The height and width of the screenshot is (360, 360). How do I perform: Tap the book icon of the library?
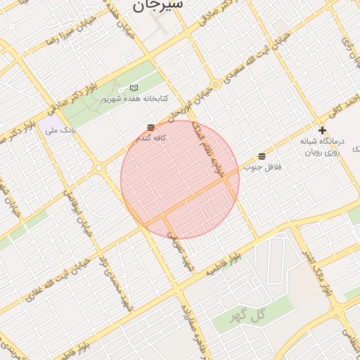134,88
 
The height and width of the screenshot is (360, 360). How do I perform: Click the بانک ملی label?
59,130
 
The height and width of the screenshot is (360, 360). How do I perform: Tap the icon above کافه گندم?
150,127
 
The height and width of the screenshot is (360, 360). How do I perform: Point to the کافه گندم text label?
150,139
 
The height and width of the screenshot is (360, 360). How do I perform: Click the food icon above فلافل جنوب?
262,156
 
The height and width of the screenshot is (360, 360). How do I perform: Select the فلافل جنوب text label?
262,167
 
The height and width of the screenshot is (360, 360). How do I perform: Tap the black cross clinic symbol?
322,130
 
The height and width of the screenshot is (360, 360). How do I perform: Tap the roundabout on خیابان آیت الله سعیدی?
215,84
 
